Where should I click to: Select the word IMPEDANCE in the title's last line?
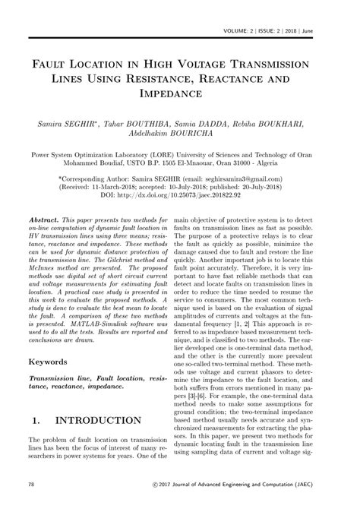[179, 93]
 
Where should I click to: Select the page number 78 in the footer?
[31, 484]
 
